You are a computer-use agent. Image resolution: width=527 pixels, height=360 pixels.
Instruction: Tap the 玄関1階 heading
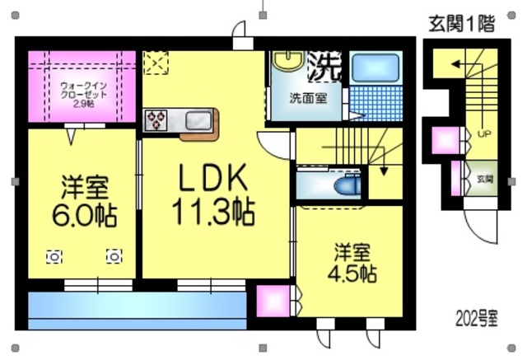[x=461, y=24]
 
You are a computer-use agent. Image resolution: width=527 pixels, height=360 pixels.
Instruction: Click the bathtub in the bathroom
[x=375, y=68]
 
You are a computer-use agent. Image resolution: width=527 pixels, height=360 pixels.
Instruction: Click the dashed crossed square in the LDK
[x=155, y=63]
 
